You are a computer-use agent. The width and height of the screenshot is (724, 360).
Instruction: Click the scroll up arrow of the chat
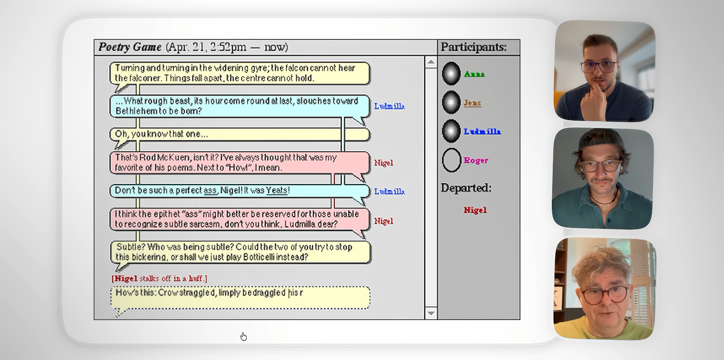[x=431, y=62]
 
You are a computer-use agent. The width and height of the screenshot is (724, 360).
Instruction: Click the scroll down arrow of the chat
[x=431, y=313]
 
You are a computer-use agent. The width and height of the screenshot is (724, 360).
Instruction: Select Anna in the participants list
[x=474, y=74]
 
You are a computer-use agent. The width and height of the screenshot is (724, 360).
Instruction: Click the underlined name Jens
[x=472, y=103]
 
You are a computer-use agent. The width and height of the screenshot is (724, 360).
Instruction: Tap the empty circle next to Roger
[x=451, y=160]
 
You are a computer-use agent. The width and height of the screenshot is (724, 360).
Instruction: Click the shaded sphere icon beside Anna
[x=451, y=74]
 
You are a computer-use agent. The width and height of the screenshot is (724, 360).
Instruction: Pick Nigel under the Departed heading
[x=475, y=210]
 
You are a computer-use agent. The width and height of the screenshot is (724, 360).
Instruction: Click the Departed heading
[x=466, y=188]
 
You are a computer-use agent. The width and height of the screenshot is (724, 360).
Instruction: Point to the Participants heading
[x=474, y=47]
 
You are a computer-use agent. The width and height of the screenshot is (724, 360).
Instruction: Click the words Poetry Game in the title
[x=130, y=47]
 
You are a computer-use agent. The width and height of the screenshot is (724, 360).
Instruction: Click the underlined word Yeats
[x=277, y=190]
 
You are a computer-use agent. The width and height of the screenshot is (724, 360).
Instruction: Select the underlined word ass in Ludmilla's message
[x=210, y=191]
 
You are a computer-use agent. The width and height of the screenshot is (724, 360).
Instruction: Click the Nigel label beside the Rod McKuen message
[x=383, y=163]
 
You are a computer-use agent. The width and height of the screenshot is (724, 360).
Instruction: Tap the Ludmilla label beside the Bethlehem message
[x=389, y=106]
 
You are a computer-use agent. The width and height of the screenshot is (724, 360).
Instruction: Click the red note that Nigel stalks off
[x=159, y=278]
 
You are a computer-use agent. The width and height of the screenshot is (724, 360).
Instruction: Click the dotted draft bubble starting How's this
[x=240, y=298]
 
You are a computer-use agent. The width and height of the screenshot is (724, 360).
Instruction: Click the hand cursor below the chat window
[x=243, y=337]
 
